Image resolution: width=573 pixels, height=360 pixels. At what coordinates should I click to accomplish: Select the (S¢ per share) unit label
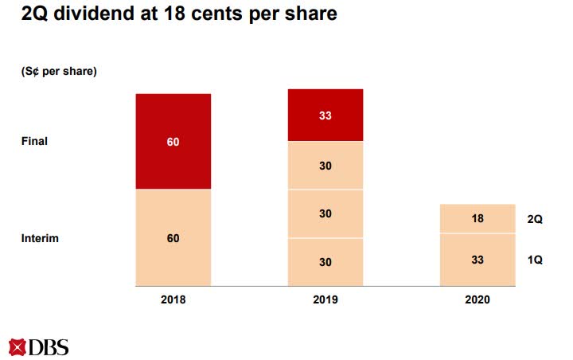pos(58,72)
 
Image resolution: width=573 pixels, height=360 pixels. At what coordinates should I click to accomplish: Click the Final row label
pos(34,141)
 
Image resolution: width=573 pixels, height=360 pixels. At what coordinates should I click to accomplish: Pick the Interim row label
pos(39,238)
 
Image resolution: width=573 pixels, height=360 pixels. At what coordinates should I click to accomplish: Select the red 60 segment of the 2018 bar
pos(173,142)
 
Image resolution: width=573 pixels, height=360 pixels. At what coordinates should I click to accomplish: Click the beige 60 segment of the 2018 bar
pos(173,237)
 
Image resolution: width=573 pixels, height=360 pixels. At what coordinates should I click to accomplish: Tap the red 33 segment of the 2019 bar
pos(325,115)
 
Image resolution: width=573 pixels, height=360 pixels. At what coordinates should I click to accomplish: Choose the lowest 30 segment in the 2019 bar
pos(325,262)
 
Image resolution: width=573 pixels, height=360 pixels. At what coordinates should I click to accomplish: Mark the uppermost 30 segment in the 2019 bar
pos(325,165)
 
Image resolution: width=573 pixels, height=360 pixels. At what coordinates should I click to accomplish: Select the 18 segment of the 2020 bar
pos(477,218)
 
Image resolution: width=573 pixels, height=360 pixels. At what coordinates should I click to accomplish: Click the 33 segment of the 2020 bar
pos(477,260)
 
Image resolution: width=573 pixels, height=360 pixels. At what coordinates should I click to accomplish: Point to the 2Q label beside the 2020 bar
pos(534,219)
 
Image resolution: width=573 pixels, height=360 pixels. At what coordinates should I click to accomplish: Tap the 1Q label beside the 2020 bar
pos(534,260)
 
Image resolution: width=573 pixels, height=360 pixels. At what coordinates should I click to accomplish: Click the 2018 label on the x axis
pos(173,299)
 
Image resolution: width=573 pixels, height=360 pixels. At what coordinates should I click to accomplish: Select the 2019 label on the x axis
pos(325,299)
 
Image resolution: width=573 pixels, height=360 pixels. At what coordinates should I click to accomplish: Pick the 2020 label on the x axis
pos(477,299)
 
